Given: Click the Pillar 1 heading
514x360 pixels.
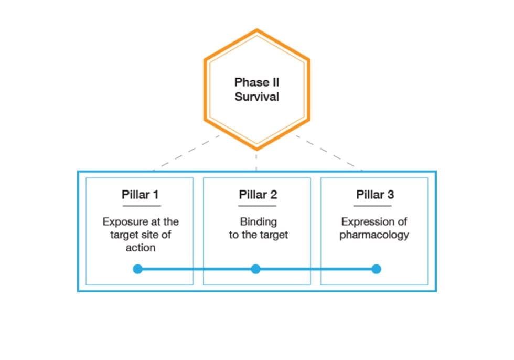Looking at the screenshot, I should pyautogui.click(x=140, y=195).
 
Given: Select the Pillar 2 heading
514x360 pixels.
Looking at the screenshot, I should pyautogui.click(x=258, y=195).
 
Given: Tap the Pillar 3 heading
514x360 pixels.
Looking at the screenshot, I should pyautogui.click(x=374, y=195).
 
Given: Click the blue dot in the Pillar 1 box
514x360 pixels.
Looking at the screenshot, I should pyautogui.click(x=138, y=269).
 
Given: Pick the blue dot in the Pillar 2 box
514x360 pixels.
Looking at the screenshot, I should pyautogui.click(x=255, y=269).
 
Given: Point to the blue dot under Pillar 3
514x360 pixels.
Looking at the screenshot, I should pyautogui.click(x=376, y=269).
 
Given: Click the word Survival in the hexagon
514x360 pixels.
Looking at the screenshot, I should pyautogui.click(x=256, y=97).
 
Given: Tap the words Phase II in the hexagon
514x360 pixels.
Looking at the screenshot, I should pyautogui.click(x=256, y=82).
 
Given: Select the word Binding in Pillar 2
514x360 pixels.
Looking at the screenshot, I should pyautogui.click(x=258, y=222).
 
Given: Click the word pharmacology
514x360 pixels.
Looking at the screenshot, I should pyautogui.click(x=374, y=235).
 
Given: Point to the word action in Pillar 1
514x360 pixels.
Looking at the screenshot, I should pyautogui.click(x=140, y=247).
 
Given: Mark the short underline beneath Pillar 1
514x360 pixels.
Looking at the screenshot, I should pyautogui.click(x=140, y=206).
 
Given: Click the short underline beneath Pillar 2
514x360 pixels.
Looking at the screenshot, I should pyautogui.click(x=258, y=206).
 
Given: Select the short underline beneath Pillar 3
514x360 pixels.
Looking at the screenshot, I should pyautogui.click(x=374, y=206).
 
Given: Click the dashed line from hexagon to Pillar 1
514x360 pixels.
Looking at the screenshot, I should pyautogui.click(x=184, y=153).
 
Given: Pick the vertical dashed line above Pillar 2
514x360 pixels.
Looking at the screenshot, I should pyautogui.click(x=256, y=160).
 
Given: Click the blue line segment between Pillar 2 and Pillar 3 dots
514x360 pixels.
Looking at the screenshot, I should pyautogui.click(x=316, y=269).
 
